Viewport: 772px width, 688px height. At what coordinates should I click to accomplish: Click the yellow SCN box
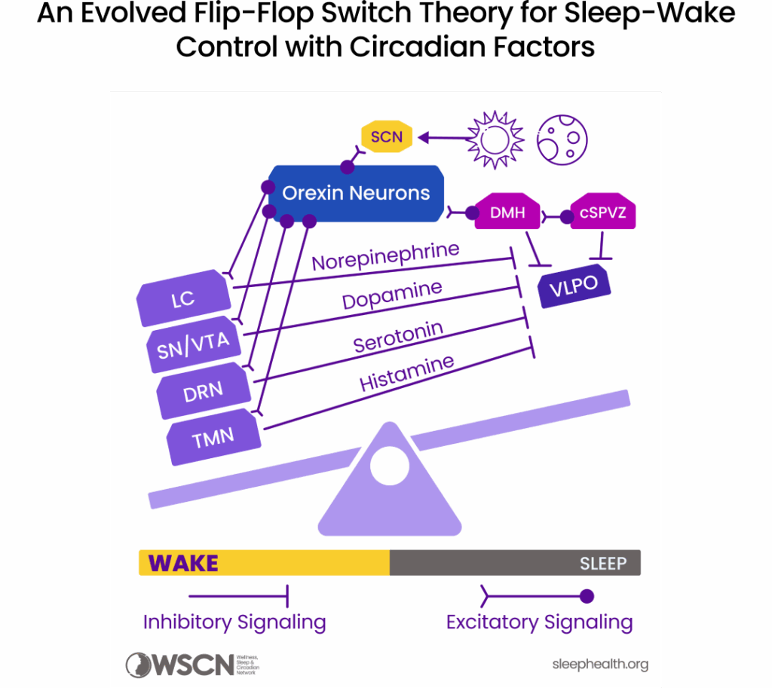(x=387, y=137)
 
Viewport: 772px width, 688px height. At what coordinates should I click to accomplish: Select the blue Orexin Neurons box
(x=356, y=194)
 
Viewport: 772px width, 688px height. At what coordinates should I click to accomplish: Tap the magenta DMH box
(x=507, y=213)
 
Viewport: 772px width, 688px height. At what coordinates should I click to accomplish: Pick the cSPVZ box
(x=602, y=213)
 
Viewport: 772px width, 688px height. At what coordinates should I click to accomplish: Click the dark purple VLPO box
(x=574, y=286)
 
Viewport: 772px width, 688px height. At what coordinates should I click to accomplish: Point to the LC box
(x=183, y=298)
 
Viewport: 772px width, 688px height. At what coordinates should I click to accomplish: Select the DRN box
(x=204, y=390)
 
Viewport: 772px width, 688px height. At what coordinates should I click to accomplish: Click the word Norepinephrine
(x=385, y=255)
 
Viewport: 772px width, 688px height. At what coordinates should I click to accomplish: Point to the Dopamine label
(x=392, y=295)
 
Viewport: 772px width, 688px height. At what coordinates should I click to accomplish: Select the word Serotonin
(x=398, y=336)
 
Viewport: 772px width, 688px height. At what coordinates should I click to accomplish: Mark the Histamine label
(x=406, y=374)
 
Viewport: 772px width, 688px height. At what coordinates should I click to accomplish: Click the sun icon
(x=495, y=139)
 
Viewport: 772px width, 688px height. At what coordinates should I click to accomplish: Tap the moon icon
(x=562, y=139)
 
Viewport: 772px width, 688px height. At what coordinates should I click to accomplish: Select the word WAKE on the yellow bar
(x=183, y=563)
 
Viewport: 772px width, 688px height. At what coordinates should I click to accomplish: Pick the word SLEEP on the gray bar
(x=602, y=564)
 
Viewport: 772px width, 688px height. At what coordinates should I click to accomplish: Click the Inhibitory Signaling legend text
(x=234, y=622)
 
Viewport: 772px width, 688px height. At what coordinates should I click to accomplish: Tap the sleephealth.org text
(x=599, y=664)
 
